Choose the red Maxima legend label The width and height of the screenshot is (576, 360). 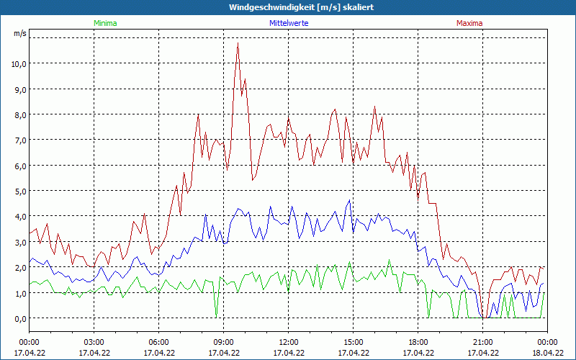[x=469, y=23]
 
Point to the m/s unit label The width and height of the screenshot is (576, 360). [x=19, y=34]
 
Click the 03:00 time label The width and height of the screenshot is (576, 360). [x=94, y=342]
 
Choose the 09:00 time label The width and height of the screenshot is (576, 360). [x=224, y=342]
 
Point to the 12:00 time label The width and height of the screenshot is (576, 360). [x=289, y=342]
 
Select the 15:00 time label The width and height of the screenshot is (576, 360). [x=354, y=342]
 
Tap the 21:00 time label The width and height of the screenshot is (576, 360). [x=483, y=342]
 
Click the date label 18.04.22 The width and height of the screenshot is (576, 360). [x=547, y=353]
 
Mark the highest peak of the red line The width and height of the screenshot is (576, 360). [x=238, y=43]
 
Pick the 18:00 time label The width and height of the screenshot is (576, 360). [x=418, y=342]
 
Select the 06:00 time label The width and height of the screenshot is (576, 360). [x=159, y=342]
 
